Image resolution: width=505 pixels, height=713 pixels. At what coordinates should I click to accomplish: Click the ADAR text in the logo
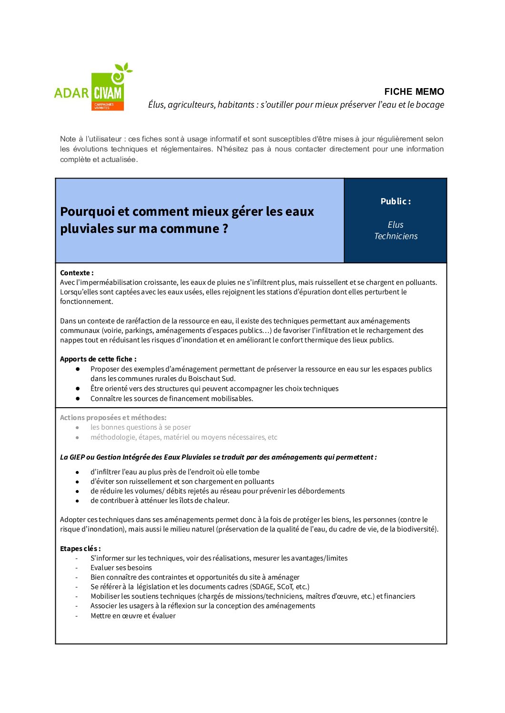(71, 93)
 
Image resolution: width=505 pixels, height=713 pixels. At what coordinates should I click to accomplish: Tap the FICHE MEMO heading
(414, 91)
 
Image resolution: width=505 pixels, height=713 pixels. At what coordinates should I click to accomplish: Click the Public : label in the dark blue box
(395, 201)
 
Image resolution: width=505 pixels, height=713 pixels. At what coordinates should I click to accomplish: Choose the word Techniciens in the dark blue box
(395, 236)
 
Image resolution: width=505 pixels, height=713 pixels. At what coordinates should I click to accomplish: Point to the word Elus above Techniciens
(395, 225)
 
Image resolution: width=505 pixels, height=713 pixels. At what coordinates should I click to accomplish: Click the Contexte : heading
(77, 273)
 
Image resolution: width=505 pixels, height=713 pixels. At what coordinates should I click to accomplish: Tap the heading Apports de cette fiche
(98, 359)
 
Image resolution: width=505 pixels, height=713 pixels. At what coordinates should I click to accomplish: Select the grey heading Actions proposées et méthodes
(113, 418)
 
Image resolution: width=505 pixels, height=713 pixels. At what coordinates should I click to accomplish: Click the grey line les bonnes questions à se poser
(141, 427)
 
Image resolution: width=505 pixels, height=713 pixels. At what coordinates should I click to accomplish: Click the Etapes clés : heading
(80, 549)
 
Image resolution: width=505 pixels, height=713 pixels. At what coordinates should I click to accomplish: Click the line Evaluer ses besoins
(121, 568)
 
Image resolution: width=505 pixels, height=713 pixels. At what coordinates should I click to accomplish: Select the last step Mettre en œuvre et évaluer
(133, 616)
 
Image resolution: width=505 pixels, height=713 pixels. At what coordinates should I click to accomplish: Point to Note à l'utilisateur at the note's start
(91, 139)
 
